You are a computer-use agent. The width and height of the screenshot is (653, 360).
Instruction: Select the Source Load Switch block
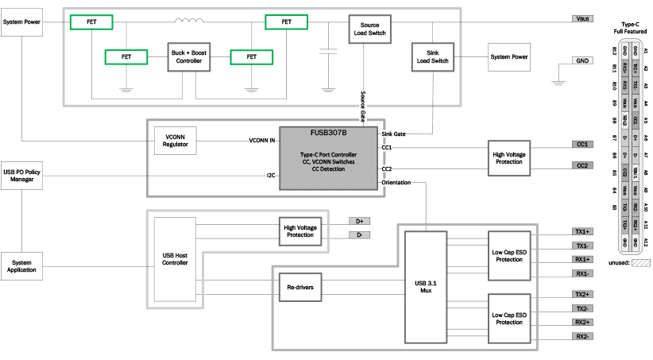pos(365,29)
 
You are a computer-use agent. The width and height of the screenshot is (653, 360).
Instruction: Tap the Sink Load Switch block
pos(430,57)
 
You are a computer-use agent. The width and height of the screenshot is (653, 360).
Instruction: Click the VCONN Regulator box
pos(175,140)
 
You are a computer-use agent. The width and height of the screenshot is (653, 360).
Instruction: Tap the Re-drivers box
pos(299,288)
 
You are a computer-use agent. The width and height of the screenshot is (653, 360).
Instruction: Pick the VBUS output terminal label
pos(582,17)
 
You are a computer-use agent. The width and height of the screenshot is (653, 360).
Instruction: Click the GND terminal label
pos(582,60)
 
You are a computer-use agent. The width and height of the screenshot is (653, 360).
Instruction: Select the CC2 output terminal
pos(582,165)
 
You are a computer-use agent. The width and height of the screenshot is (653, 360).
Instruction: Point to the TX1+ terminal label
pos(582,231)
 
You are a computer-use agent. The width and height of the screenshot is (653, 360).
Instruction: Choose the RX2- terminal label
pos(582,336)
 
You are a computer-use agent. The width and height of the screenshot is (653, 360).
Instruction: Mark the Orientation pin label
pos(396,182)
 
